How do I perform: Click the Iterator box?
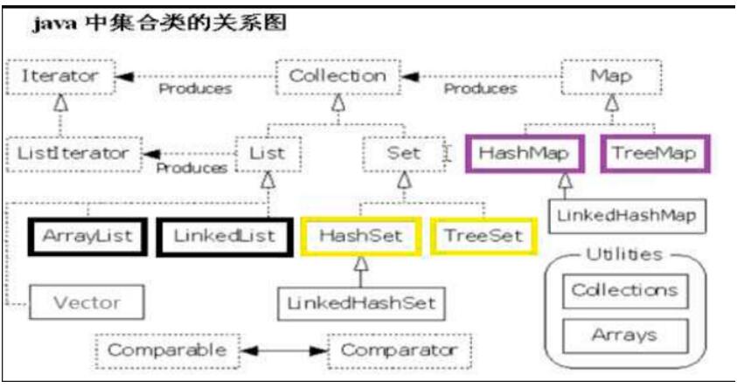(60, 77)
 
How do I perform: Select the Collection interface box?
(338, 77)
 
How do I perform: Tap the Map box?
(611, 77)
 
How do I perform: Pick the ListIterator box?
(73, 154)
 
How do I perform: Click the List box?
(268, 154)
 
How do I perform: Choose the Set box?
(404, 154)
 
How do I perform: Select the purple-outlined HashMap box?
(525, 154)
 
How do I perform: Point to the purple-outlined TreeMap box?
(655, 154)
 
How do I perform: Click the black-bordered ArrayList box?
(87, 236)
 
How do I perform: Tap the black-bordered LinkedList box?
(225, 236)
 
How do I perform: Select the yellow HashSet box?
(360, 236)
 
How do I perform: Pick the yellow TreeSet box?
(483, 236)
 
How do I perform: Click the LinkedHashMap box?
(627, 216)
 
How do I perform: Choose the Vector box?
(87, 302)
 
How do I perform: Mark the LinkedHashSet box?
(361, 304)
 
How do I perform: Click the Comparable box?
(167, 351)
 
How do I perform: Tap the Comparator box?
(399, 351)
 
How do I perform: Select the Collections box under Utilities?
(625, 291)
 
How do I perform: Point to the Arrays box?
(625, 336)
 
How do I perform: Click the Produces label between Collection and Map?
(480, 89)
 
